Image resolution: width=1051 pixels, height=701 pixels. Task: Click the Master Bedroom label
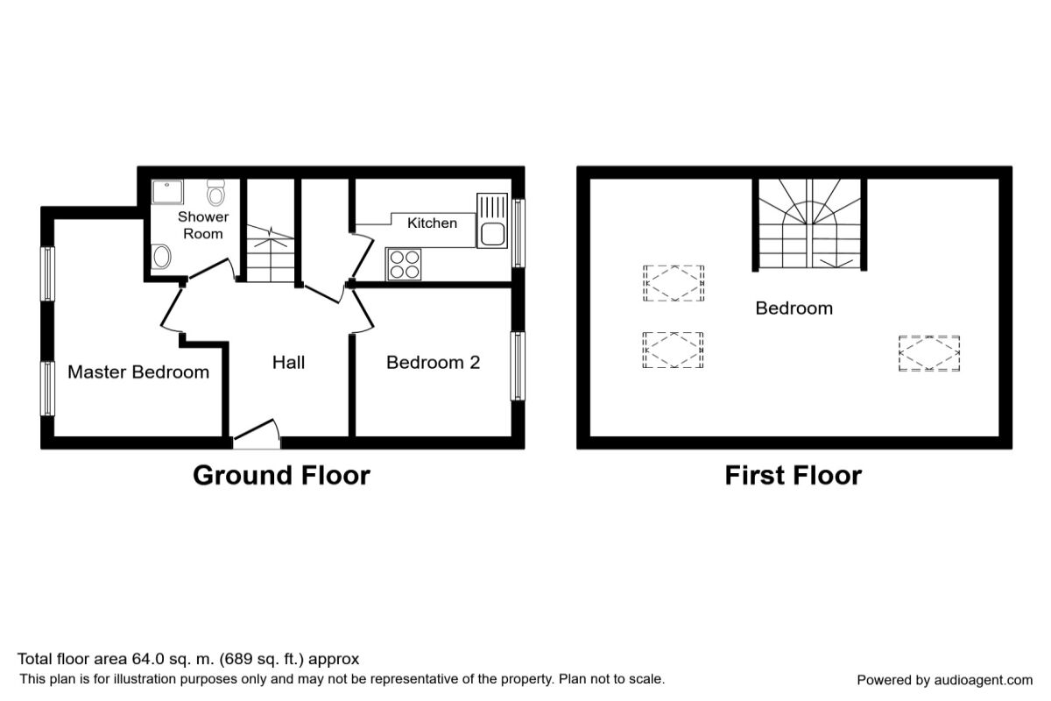coord(138,372)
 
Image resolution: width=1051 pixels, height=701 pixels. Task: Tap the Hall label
coord(288,363)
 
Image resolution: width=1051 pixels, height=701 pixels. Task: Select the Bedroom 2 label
coord(433,363)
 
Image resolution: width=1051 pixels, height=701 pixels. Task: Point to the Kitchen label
coord(432,223)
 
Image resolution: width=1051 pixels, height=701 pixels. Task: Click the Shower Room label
coord(203,225)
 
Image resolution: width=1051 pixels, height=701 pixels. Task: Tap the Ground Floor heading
coord(281,475)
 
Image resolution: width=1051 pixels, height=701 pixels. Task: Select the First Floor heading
coord(794,475)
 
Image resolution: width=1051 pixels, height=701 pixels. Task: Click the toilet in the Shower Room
coord(215,193)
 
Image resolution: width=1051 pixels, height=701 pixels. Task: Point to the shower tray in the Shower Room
coord(167,192)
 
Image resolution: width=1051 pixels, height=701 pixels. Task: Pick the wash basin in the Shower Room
coord(161,257)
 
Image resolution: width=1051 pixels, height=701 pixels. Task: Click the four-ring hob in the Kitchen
coord(404,265)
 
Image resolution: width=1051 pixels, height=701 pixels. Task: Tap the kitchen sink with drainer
coord(492,220)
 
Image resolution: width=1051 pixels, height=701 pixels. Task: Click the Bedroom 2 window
coord(518,366)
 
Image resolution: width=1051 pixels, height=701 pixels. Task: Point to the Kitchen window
coord(518,233)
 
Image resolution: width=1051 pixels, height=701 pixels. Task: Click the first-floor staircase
coord(810,223)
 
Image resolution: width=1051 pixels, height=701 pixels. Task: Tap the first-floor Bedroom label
coord(794,308)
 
